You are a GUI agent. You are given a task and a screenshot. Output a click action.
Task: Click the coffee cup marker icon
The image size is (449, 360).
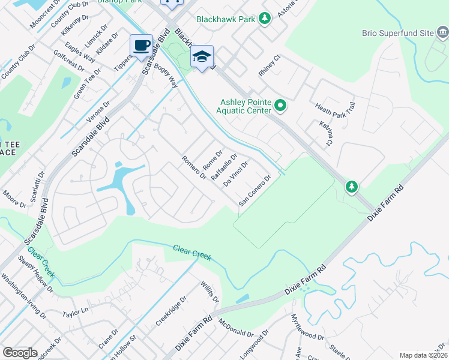click(141, 46)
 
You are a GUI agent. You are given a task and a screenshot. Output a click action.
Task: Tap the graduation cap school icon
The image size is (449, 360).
click(202, 56)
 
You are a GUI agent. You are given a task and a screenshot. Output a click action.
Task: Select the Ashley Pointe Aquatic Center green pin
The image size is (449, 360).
click(280, 107)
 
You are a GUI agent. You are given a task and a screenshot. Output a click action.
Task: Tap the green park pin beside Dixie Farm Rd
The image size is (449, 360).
click(352, 187)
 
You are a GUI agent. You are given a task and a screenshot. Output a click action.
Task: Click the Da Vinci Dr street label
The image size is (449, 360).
click(235, 173)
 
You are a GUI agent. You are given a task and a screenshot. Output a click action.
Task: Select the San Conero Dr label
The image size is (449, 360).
click(255, 190)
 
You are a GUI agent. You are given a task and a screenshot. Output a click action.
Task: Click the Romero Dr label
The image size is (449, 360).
click(194, 168)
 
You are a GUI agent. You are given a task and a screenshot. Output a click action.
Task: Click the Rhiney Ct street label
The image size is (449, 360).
click(270, 66)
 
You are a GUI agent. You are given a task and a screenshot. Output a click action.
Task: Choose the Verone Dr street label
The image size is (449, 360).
click(100, 113)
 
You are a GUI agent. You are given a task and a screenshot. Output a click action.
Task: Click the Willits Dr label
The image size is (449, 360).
click(210, 292)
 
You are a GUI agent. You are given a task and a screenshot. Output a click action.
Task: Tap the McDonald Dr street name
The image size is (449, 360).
click(237, 328)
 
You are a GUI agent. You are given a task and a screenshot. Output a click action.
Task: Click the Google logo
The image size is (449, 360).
click(20, 353)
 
